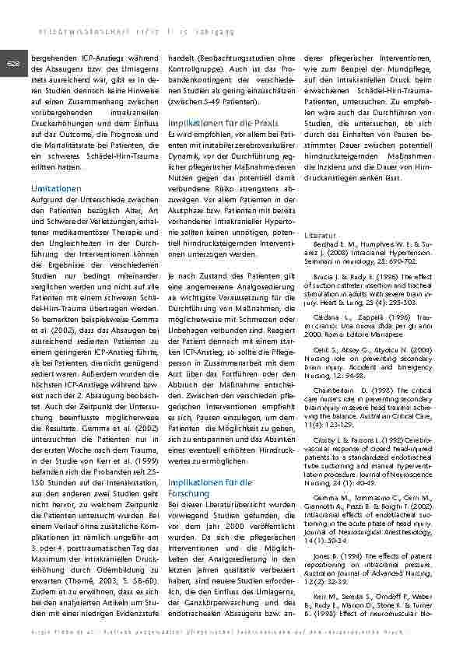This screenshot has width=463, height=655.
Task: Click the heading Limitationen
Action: pyautogui.click(x=55, y=189)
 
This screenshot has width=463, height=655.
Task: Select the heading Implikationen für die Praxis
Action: pyautogui.click(x=212, y=123)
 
